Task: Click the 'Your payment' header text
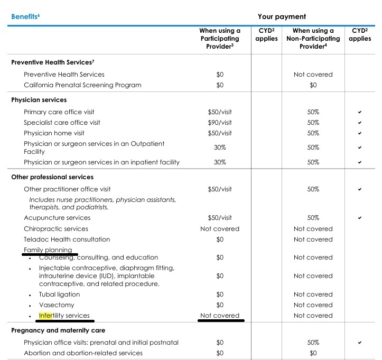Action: [x=282, y=16]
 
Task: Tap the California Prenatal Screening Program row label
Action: [x=82, y=85]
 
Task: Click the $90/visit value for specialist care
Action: [x=220, y=123]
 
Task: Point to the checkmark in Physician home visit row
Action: [x=360, y=133]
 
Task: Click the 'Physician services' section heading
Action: [x=39, y=99]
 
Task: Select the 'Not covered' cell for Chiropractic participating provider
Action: [x=220, y=229]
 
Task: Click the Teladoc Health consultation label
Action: [x=67, y=239]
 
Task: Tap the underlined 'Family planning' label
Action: [x=48, y=250]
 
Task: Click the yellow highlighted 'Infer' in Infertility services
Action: [x=46, y=316]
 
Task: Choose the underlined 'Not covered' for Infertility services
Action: [x=220, y=316]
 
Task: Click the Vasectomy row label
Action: [x=57, y=305]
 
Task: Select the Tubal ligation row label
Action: [x=59, y=294]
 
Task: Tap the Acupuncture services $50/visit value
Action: [x=220, y=218]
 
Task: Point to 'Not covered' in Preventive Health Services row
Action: [x=313, y=75]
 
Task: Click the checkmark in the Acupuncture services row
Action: [x=360, y=218]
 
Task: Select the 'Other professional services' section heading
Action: [x=52, y=177]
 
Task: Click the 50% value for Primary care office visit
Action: [x=313, y=112]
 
